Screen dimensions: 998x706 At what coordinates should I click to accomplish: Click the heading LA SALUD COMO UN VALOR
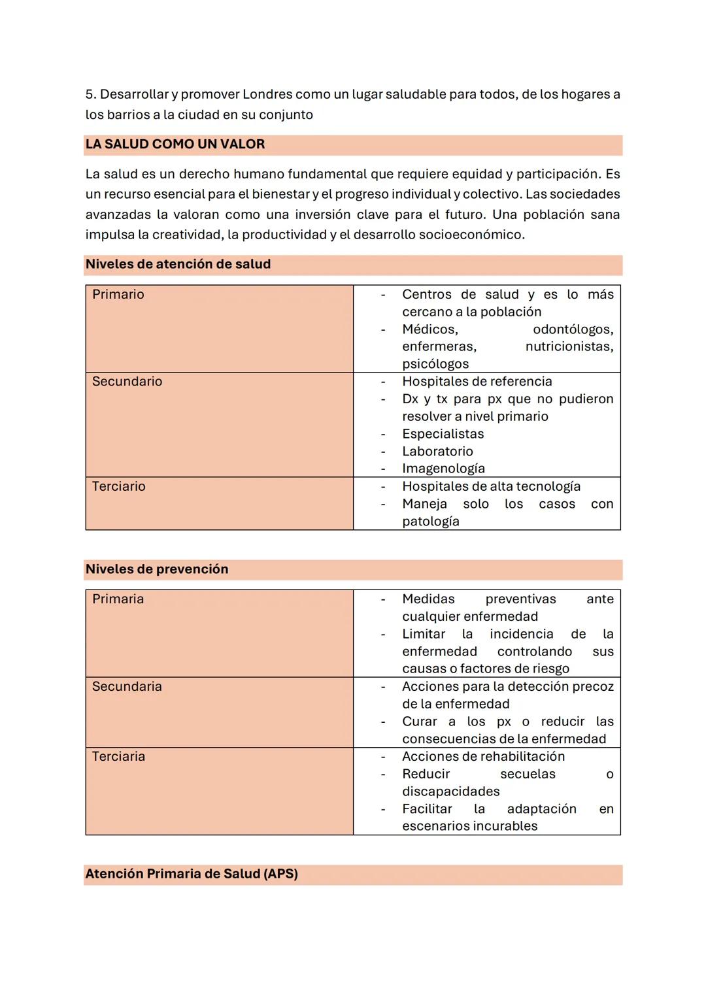tap(175, 144)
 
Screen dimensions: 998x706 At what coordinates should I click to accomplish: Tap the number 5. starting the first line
tap(90, 94)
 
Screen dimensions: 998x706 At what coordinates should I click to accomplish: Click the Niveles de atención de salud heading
tap(178, 264)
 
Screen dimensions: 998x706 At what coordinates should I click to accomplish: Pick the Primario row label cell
tap(118, 295)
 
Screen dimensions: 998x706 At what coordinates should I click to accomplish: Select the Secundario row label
tap(127, 382)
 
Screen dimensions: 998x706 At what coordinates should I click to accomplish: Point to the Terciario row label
tap(118, 486)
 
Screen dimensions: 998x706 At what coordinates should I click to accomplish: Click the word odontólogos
tap(573, 329)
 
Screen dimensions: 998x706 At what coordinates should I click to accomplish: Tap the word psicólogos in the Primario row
tap(435, 364)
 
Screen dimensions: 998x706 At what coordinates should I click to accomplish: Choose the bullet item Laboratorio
tap(437, 451)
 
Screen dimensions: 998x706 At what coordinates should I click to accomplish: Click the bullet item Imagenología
tap(443, 469)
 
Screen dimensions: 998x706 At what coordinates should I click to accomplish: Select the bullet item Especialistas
tap(443, 434)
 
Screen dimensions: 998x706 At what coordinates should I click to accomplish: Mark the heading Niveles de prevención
tap(157, 569)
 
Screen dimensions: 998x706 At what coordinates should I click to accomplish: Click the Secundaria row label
tap(127, 686)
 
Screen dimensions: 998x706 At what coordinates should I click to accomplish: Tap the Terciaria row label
tap(118, 756)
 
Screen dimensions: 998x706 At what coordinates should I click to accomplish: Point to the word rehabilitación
tap(527, 756)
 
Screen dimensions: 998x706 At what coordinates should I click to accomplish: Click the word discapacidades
tap(450, 791)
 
